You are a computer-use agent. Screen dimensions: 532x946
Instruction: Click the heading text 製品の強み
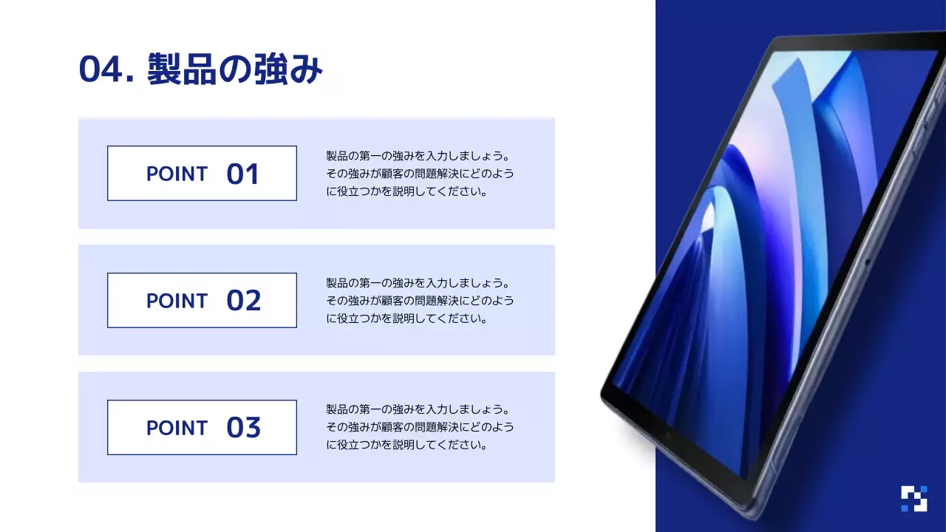point(235,70)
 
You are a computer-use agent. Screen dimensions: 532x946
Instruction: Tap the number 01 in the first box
point(242,174)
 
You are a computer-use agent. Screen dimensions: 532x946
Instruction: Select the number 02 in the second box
point(243,301)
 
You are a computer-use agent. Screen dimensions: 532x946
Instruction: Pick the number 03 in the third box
point(243,429)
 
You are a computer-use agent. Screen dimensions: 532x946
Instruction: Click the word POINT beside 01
point(177,174)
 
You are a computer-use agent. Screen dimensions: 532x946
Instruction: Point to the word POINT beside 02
point(177,301)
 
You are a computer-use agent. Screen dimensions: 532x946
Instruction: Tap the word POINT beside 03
point(177,429)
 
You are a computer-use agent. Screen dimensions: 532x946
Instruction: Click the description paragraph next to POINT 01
point(420,174)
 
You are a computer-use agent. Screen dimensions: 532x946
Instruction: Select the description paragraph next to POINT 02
point(420,301)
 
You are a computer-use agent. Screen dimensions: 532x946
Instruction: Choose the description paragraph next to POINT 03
point(420,427)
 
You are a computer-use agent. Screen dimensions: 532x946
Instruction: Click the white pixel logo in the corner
point(913,499)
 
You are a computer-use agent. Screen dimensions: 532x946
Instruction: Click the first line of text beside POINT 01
point(418,157)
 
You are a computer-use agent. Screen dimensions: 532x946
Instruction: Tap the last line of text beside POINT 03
point(407,446)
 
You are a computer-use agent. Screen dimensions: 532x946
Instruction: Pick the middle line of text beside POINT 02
point(420,301)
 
